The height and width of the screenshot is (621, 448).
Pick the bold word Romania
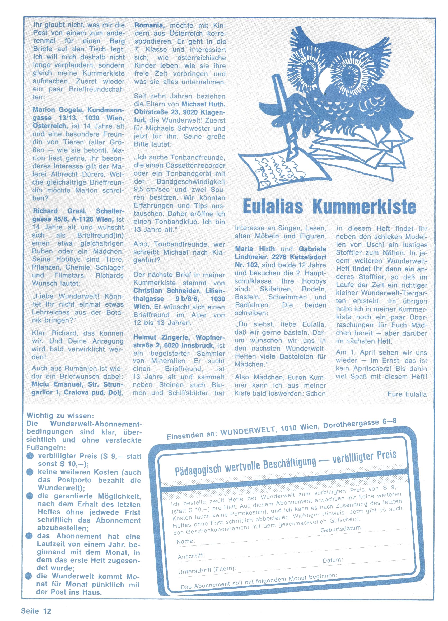[x=149, y=25]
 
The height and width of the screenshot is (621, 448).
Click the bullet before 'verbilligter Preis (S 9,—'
[x=31, y=456]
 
